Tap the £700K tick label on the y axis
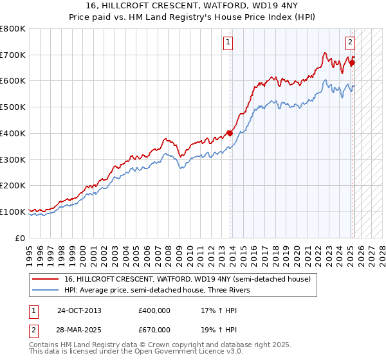(13, 55)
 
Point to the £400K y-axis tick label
(13, 133)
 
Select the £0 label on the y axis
(21, 238)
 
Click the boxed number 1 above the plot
(228, 43)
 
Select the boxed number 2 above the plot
(350, 43)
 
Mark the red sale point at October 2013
(230, 133)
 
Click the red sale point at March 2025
(353, 62)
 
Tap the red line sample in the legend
(46, 279)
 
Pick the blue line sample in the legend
(46, 290)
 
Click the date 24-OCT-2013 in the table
(79, 310)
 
